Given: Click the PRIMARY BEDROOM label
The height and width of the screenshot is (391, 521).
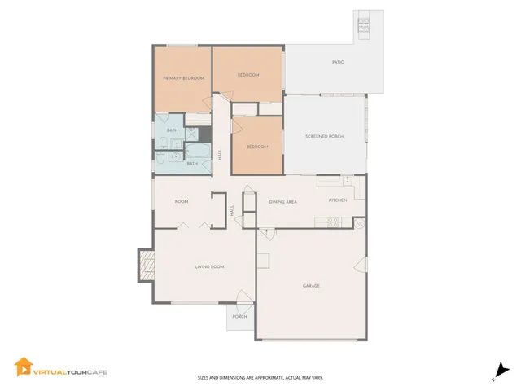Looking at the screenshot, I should (x=183, y=78).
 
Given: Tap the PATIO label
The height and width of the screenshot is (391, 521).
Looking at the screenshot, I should (x=337, y=62).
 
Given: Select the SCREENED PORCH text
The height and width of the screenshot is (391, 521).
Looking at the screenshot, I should (x=323, y=137).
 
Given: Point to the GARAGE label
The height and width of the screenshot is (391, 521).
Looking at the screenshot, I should (x=311, y=286).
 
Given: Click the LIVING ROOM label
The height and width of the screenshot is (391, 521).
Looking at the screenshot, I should (x=209, y=266).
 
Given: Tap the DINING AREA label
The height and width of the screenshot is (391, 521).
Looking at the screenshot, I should (x=282, y=200).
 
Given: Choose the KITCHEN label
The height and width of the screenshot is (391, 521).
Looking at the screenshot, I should (x=338, y=200).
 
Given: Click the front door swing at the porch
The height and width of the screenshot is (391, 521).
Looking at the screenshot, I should (x=242, y=298).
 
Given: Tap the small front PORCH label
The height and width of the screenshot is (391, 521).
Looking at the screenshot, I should (x=240, y=316).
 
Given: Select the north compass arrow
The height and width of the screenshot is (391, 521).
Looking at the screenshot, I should (x=501, y=369).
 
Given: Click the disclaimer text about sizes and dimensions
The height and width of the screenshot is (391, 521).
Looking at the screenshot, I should (x=260, y=377).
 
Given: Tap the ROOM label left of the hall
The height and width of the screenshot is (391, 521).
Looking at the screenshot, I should (x=182, y=201).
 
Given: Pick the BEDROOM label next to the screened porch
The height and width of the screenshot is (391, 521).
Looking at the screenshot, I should (x=257, y=147).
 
